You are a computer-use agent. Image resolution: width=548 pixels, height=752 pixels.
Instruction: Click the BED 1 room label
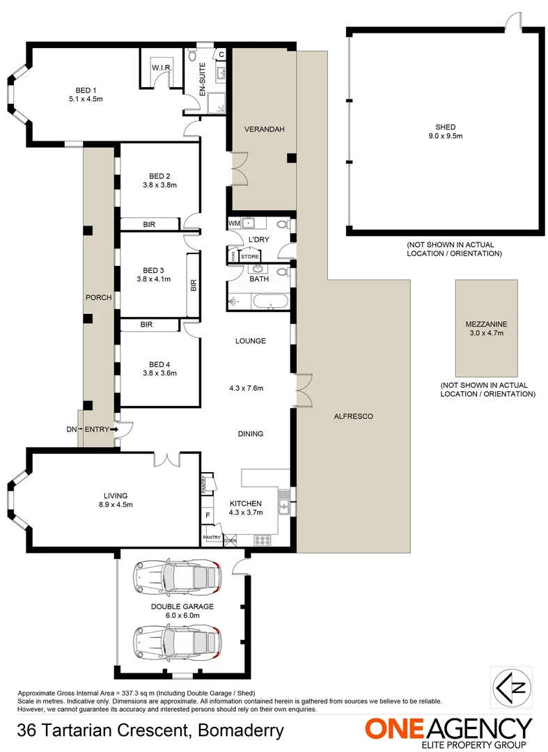[x=86, y=89]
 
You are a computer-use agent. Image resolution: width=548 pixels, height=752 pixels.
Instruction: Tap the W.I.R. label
[x=162, y=68]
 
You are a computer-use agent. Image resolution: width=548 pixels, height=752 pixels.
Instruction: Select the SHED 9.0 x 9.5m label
[x=446, y=132]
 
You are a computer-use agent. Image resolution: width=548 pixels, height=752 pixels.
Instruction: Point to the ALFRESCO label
[x=354, y=416]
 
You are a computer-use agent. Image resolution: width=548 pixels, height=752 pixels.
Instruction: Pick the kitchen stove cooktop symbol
[x=264, y=540]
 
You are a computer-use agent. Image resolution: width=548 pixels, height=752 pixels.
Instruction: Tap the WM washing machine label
[x=233, y=223]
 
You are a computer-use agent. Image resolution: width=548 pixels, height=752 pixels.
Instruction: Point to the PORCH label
[x=98, y=297]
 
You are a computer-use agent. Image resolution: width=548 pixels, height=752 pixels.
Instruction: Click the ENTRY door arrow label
[x=97, y=430]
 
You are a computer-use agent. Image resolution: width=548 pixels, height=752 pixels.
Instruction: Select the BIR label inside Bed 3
[x=194, y=285]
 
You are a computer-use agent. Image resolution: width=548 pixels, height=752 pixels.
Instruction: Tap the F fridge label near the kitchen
[x=208, y=516]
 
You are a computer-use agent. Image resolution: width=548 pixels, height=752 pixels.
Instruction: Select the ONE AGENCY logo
[x=448, y=731]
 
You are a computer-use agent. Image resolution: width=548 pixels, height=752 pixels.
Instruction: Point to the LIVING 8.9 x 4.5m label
[x=114, y=500]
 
